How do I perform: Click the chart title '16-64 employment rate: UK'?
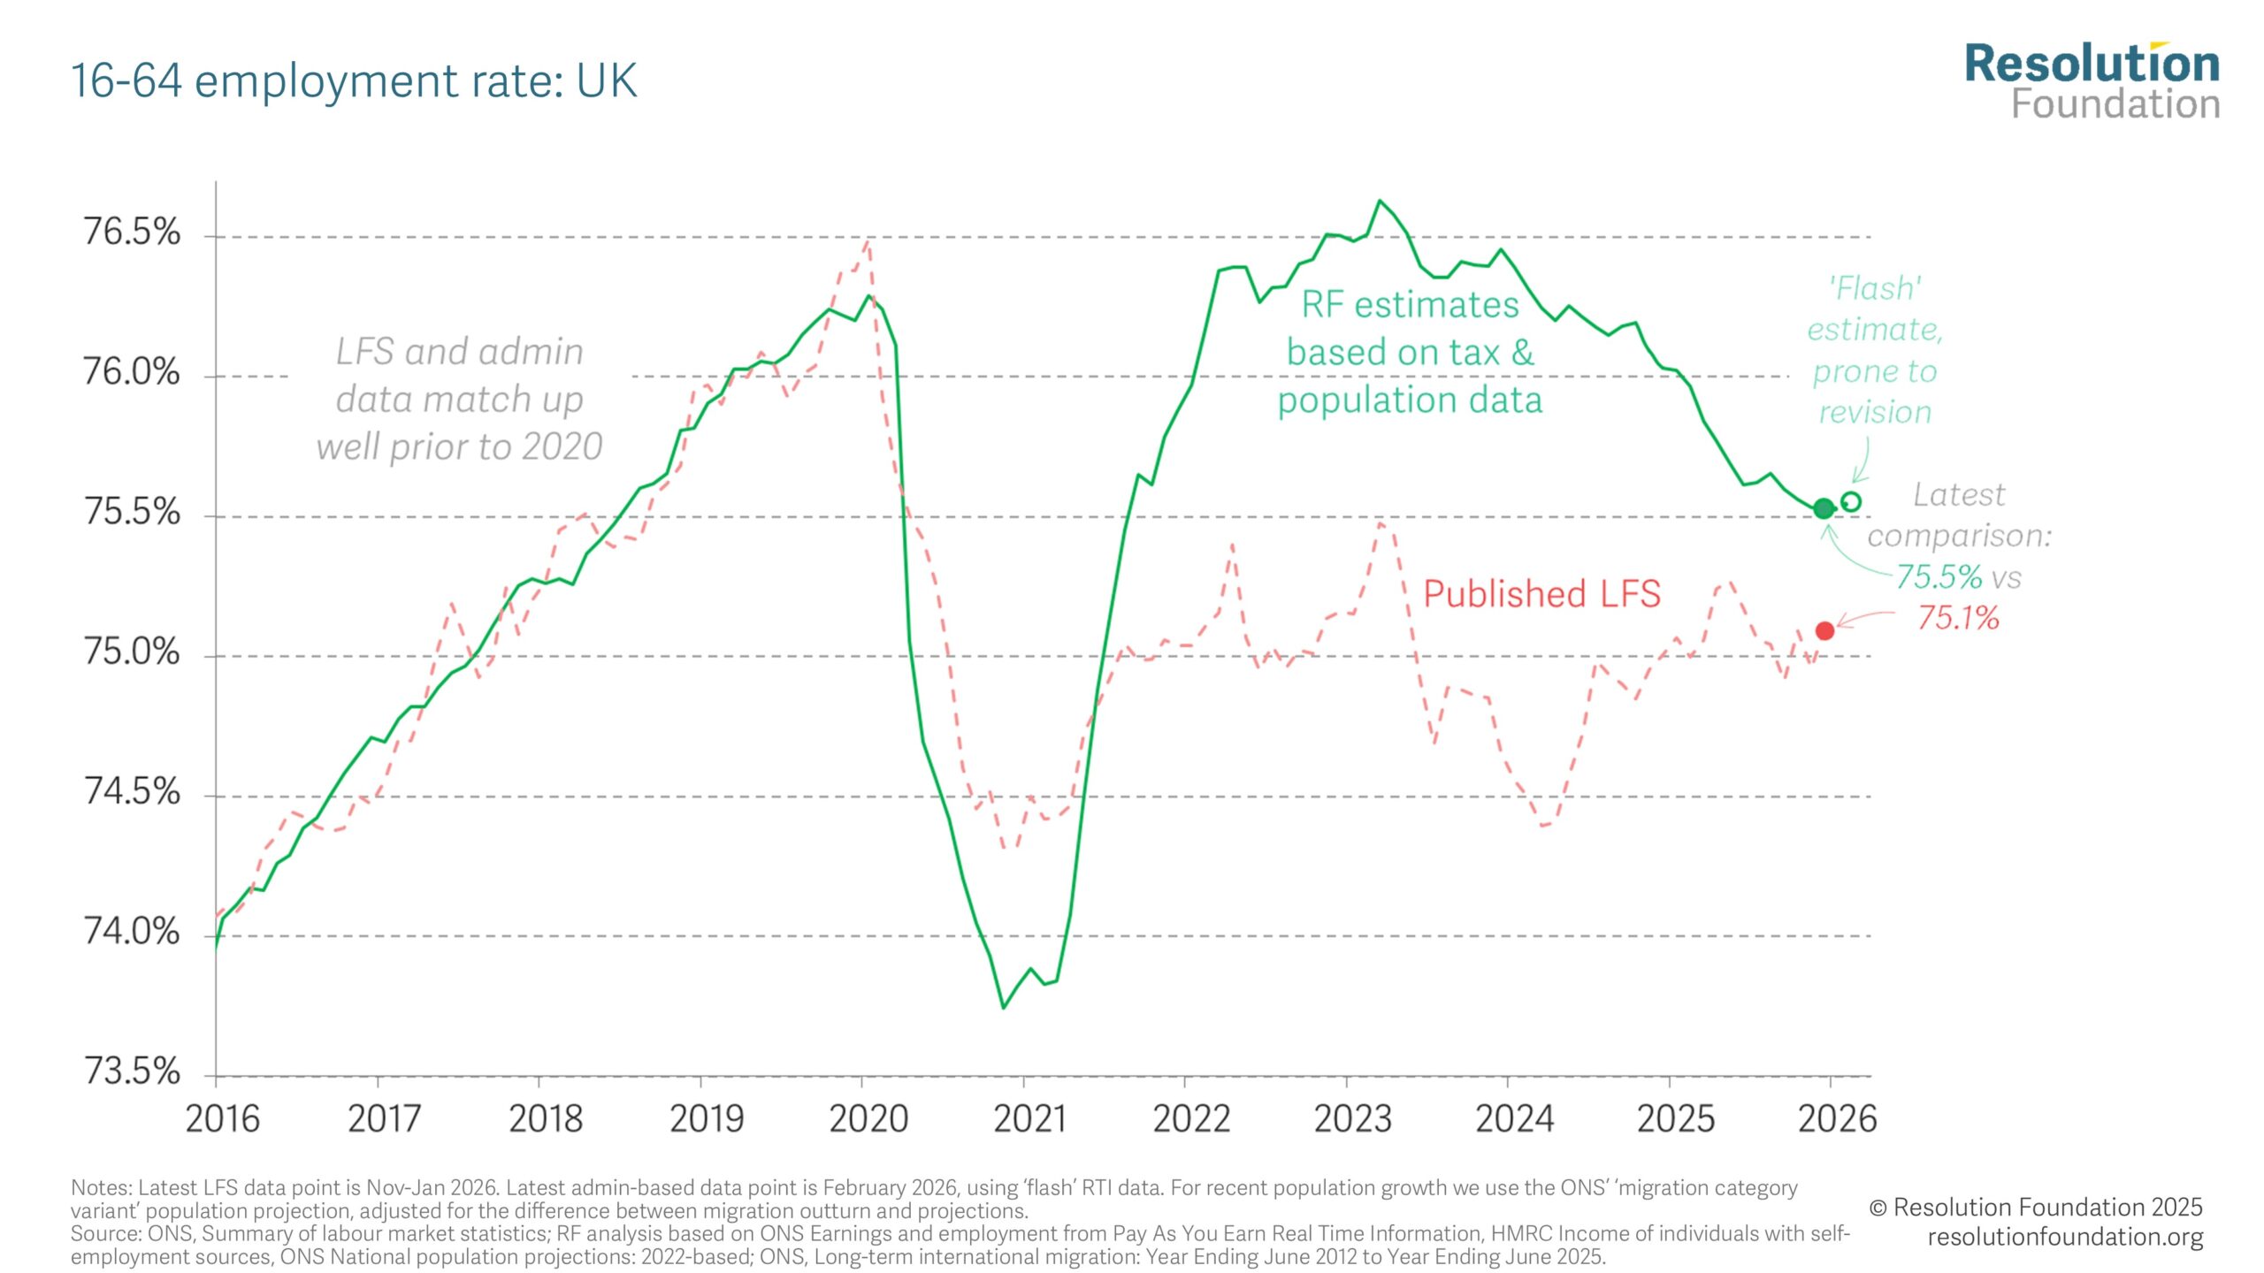[x=354, y=80]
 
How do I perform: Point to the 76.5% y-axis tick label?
[x=132, y=232]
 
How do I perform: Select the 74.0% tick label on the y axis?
[x=132, y=932]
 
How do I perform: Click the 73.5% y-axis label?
[x=132, y=1071]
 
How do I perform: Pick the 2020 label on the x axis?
[x=868, y=1119]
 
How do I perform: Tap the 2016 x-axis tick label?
[x=223, y=1119]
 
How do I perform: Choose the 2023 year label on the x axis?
[x=1352, y=1119]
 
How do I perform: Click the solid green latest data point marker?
[x=1824, y=508]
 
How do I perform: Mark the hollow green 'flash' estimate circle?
[x=1850, y=501]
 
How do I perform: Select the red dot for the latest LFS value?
[x=1824, y=630]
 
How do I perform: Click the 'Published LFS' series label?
[x=1541, y=594]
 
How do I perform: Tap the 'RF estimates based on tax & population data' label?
[x=1410, y=352]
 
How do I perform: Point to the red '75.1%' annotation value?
[x=1958, y=618]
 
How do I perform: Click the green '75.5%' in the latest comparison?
[x=1939, y=577]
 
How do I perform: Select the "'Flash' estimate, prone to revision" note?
[x=1875, y=350]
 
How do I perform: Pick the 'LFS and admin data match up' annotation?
[x=460, y=399]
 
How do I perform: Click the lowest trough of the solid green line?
[x=1003, y=1008]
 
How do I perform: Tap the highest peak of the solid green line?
[x=1380, y=201]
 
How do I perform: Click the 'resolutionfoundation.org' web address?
[x=2065, y=1237]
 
